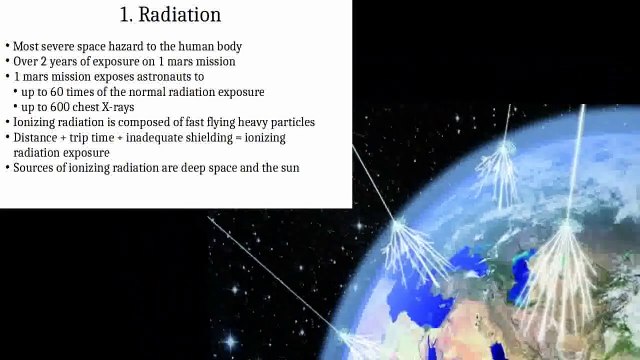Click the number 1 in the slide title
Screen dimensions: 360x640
tap(126, 16)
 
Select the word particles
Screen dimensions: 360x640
tap(291, 122)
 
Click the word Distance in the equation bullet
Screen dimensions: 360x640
tap(35, 137)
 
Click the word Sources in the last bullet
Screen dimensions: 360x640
tap(34, 168)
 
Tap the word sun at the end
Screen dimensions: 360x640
tap(288, 168)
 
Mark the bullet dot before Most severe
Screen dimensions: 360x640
tap(7, 47)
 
